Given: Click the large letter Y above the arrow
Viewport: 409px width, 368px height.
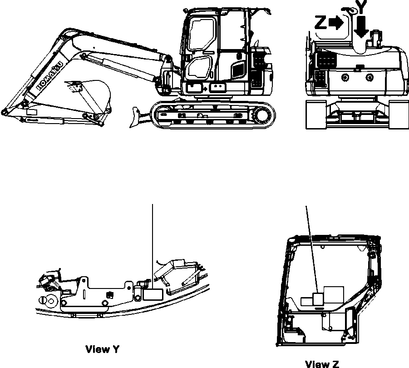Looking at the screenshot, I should [360, 7].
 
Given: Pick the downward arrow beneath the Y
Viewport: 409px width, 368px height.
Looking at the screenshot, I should [361, 27].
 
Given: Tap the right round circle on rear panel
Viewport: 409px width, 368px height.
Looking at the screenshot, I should [370, 77].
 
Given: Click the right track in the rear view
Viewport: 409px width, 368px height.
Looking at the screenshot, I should [398, 114].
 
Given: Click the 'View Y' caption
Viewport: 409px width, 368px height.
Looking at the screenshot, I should [103, 349].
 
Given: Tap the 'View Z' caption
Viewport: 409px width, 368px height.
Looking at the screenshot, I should [322, 363].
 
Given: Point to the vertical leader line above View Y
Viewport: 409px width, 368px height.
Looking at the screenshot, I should [153, 241].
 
